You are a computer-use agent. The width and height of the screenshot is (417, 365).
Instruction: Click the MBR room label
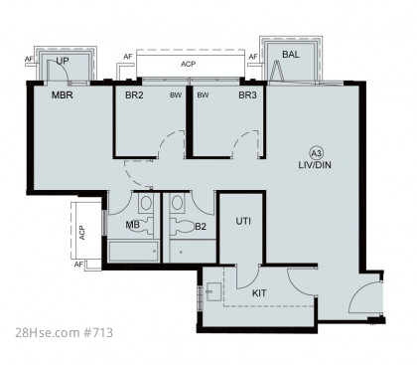[x=63, y=95]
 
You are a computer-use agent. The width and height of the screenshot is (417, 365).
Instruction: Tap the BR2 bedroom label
[x=134, y=95]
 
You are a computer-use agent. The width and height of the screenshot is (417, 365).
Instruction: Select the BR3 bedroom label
[x=247, y=95]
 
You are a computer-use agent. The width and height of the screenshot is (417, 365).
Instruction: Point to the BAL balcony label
[x=291, y=55]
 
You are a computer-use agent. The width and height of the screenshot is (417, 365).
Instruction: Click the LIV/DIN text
[x=315, y=165]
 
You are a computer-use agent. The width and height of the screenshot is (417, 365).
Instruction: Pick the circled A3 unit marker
[x=317, y=153]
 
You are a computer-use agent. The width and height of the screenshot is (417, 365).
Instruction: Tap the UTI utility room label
[x=243, y=221]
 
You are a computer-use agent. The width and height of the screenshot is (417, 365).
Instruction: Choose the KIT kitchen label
[x=259, y=293]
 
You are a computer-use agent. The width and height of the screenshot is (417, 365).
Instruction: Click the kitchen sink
[x=214, y=291]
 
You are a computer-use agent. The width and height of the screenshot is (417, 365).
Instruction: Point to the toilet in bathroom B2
[x=182, y=227]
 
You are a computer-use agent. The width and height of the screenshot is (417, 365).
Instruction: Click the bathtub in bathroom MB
[x=134, y=251]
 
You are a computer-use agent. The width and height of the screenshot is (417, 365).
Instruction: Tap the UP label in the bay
[x=63, y=61]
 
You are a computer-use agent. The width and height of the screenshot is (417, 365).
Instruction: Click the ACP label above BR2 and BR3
[x=188, y=64]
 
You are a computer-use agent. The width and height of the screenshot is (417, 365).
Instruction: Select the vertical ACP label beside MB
[x=82, y=233]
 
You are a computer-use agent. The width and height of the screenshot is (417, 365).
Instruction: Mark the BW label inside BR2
[x=176, y=95]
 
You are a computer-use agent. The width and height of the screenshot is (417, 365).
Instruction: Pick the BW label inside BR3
[x=203, y=95]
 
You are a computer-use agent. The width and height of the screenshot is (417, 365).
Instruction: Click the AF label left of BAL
[x=253, y=57]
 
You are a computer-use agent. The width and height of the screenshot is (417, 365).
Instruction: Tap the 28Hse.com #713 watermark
[x=64, y=332]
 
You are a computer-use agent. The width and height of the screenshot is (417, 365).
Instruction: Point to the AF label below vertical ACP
[x=78, y=265]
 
